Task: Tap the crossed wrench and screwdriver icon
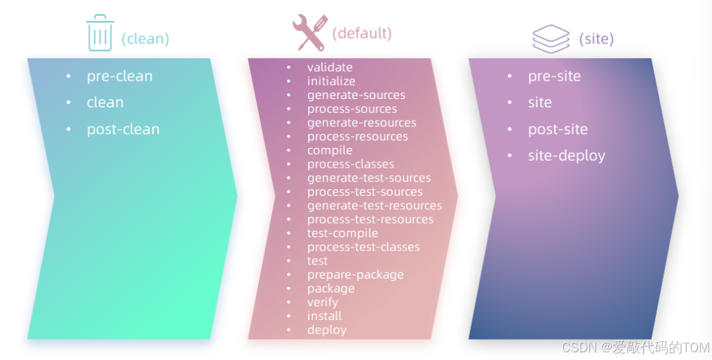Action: pos(310,32)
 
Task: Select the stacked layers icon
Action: pos(551,39)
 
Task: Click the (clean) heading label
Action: pos(145,39)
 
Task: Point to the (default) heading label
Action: pos(362,33)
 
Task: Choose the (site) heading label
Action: pos(596,39)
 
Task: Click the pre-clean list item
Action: pos(120,76)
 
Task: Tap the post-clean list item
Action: pos(123,130)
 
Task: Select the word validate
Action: pos(330,67)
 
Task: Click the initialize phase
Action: pos(331,81)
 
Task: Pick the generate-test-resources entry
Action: pos(375,206)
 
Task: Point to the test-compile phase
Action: pos(342,233)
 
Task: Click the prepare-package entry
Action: pos(355,274)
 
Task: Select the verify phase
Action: pos(323,302)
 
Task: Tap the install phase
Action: pos(324,316)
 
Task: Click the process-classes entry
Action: pos(351,164)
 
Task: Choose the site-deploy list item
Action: pos(566,156)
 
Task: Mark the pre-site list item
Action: pos(554,76)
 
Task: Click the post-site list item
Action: pos(558,130)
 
